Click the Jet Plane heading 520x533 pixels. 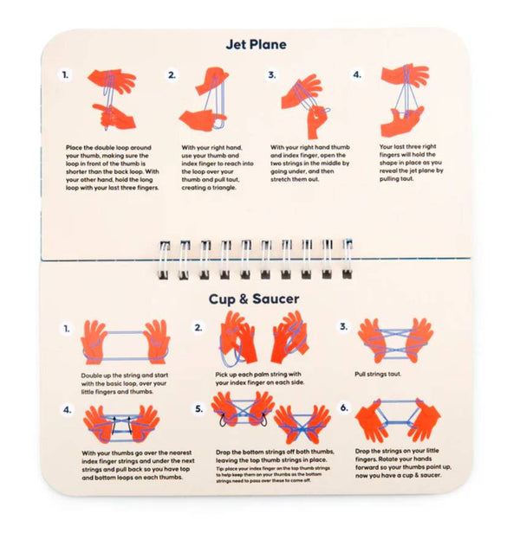pyautogui.click(x=256, y=44)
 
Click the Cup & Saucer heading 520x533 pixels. pyautogui.click(x=254, y=299)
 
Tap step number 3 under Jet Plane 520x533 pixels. pyautogui.click(x=272, y=75)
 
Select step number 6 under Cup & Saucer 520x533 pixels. pyautogui.click(x=344, y=408)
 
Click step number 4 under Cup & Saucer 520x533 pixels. pyautogui.click(x=67, y=410)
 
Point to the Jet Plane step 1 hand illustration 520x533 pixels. pyautogui.click(x=113, y=100)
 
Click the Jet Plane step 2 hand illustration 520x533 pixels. pyautogui.click(x=205, y=100)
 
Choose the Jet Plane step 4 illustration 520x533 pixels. pyautogui.click(x=405, y=100)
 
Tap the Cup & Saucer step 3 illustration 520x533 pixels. pyautogui.click(x=395, y=341)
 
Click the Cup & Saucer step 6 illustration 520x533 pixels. pyautogui.click(x=398, y=421)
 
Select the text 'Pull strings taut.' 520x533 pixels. pyautogui.click(x=378, y=375)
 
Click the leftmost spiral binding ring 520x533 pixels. pyautogui.click(x=164, y=260)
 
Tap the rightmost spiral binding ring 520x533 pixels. pyautogui.click(x=347, y=259)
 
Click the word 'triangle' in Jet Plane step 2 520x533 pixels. pyautogui.click(x=223, y=188)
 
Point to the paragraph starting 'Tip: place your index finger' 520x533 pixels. pyautogui.click(x=273, y=474)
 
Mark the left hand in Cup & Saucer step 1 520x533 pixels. pyautogui.click(x=92, y=343)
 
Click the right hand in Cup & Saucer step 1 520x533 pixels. pyautogui.click(x=157, y=342)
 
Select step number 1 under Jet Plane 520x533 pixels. pyautogui.click(x=65, y=75)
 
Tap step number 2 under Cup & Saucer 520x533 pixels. pyautogui.click(x=198, y=328)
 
